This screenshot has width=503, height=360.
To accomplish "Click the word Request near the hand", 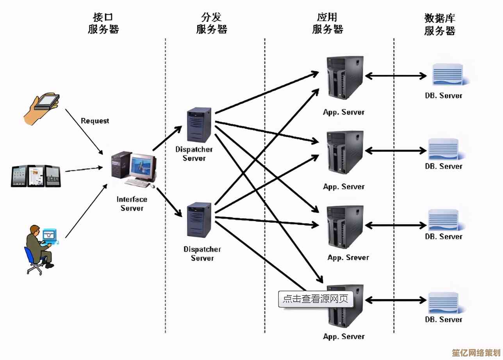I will coord(95,121).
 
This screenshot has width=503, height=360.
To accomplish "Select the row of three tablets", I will coord(36,176).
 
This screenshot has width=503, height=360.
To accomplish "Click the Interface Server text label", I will coord(132,204).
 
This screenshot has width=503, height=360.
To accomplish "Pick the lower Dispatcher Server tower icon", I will coord(200,220).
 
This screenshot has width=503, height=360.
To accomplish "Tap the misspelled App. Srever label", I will coord(348,258).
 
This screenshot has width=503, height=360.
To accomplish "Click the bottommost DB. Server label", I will coord(443,319).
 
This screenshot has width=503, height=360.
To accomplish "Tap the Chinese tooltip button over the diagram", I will coord(316,299).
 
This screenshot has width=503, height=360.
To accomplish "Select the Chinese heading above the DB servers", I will coord(440,24).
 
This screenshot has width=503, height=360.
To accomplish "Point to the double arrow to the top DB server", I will coord(396,76).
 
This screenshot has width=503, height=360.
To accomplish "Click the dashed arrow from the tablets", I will coord(83,169).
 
